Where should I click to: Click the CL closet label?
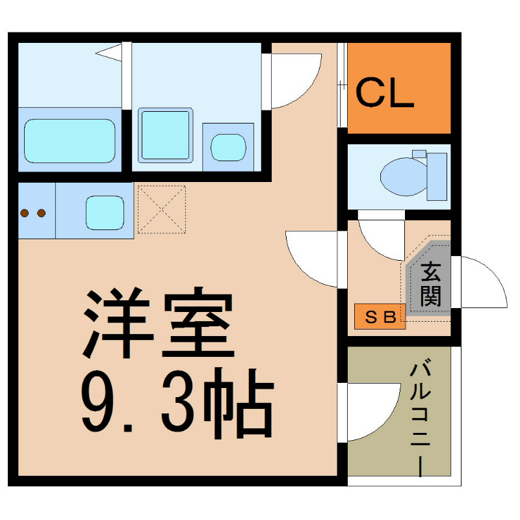pyautogui.click(x=384, y=92)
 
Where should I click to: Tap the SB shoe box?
pyautogui.click(x=380, y=317)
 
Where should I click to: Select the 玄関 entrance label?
pyautogui.click(x=430, y=284)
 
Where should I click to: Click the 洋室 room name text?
pyautogui.click(x=159, y=322)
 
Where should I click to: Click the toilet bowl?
pyautogui.click(x=403, y=177)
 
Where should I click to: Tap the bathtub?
pyautogui.click(x=70, y=141)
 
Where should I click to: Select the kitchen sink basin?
pyautogui.click(x=105, y=213)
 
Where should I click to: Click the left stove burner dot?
pyautogui.click(x=24, y=213)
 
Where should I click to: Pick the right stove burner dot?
pyautogui.click(x=42, y=213)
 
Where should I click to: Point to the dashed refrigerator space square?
pyautogui.click(x=162, y=209)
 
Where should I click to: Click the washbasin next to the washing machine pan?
pyautogui.click(x=229, y=148)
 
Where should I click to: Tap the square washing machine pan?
pyautogui.click(x=166, y=135)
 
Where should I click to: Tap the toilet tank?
pyautogui.click(x=436, y=177)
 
